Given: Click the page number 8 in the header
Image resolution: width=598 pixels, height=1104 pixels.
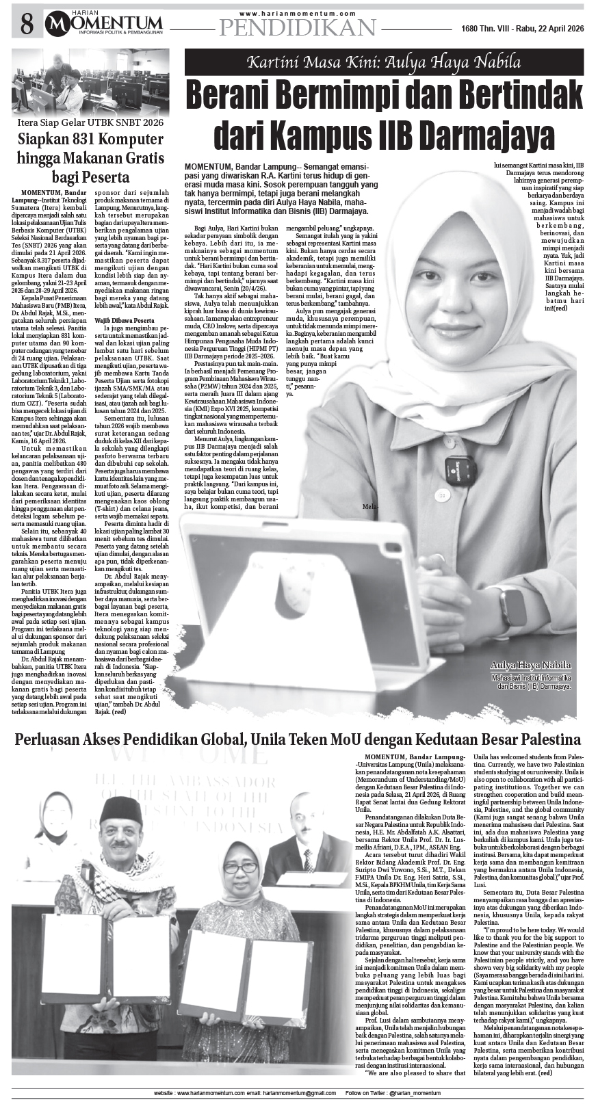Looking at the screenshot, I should pyautogui.click(x=27, y=25).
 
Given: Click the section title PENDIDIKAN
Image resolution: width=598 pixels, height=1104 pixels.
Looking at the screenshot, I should pyautogui.click(x=298, y=27).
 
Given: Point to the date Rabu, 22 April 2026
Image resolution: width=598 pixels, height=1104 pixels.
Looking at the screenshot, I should pyautogui.click(x=541, y=29).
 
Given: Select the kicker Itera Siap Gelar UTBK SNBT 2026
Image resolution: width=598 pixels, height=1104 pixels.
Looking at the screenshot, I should pyautogui.click(x=91, y=123).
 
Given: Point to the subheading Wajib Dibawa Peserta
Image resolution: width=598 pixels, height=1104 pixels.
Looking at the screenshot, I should pyautogui.click(x=124, y=319).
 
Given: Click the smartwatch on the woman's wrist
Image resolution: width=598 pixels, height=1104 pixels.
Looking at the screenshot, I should pyautogui.click(x=512, y=607).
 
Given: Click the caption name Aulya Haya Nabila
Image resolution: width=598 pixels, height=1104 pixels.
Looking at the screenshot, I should pyautogui.click(x=530, y=666).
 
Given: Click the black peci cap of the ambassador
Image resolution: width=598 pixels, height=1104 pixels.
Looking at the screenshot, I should pyautogui.click(x=121, y=810).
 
